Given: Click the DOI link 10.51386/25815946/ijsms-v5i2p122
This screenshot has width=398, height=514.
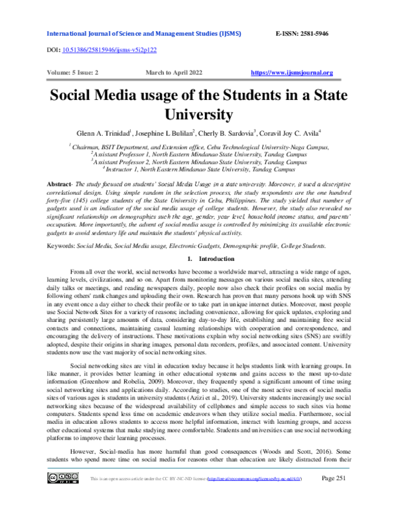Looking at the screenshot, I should pos(109,50).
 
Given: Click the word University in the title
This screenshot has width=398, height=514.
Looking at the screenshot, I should pos(199,113).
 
